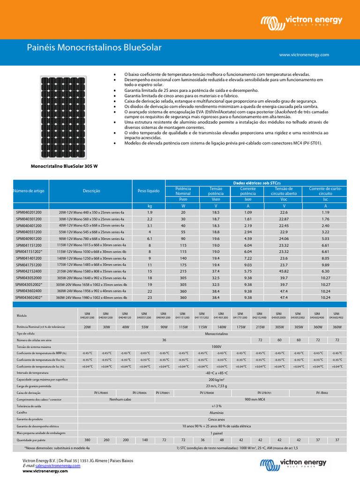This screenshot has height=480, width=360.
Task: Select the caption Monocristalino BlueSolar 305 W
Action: coord(65,166)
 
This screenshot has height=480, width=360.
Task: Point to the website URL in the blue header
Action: coord(304,55)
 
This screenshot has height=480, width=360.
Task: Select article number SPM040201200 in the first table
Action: coord(29,212)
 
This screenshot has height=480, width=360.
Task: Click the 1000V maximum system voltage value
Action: coord(216,346)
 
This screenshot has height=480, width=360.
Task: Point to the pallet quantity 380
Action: coord(87,440)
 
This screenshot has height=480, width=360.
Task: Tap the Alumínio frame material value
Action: coord(216,412)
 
